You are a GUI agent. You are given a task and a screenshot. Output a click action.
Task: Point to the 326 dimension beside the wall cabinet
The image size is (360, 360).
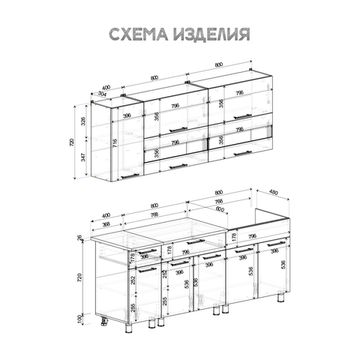pos(85,121)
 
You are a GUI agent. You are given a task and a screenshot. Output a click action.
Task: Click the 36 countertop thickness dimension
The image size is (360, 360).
pos(80,240)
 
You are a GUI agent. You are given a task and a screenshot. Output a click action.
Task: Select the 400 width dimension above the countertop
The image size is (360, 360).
pos(107,214)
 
